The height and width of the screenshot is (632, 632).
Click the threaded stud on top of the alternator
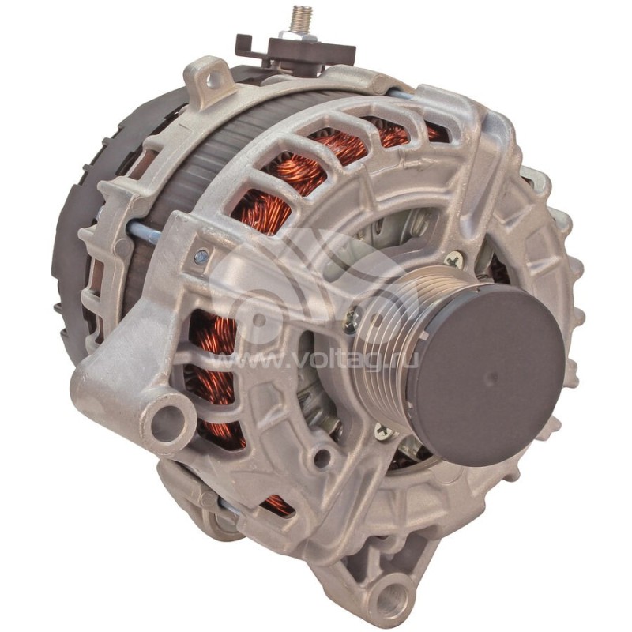point(300,19)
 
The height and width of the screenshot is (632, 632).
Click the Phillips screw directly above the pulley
point(453,259)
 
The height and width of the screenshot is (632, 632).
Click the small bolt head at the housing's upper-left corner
point(202,256)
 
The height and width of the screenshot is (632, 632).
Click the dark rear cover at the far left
point(75,237)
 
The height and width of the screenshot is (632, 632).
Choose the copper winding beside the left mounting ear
point(213,348)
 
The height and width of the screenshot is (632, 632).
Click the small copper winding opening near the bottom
point(276,503)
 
